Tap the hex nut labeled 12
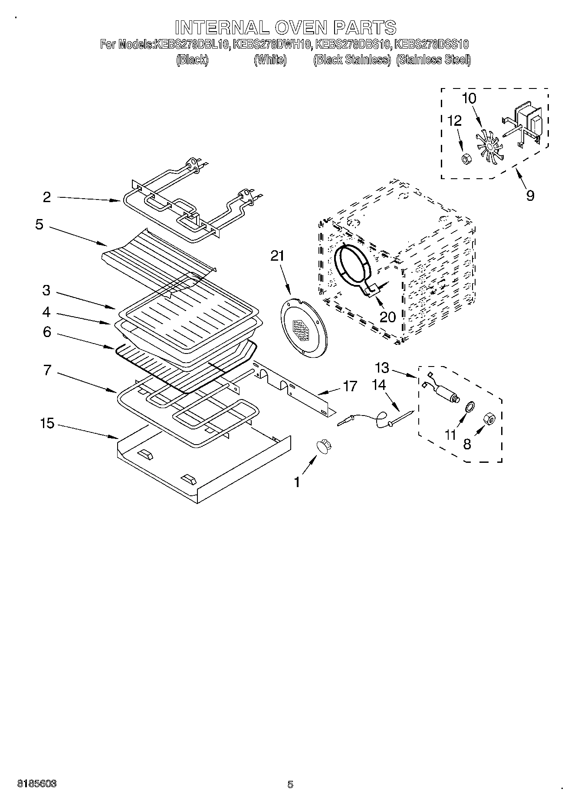[464, 159]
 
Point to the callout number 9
[530, 195]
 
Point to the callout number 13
[382, 368]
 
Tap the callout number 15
[47, 423]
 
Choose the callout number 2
[47, 197]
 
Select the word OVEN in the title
[300, 27]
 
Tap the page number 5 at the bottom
[290, 784]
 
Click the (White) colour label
[270, 60]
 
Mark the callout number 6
[47, 332]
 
